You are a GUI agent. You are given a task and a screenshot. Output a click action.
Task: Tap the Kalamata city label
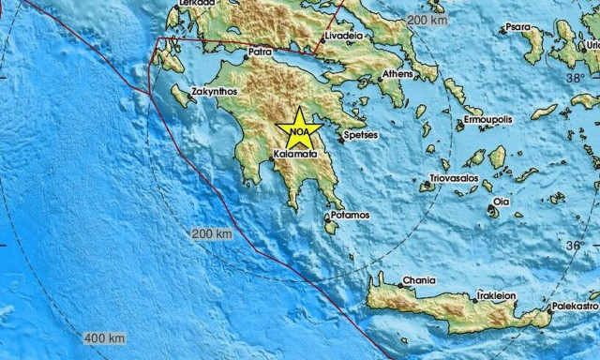click(x=296, y=152)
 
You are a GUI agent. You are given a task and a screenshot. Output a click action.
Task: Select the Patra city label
click(x=261, y=52)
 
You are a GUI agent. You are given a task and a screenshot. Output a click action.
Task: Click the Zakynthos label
click(x=215, y=92)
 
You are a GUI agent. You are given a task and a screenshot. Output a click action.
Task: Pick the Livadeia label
click(x=344, y=37)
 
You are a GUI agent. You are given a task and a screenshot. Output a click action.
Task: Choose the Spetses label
click(x=361, y=135)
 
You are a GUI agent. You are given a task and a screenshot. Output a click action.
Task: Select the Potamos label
click(x=351, y=215)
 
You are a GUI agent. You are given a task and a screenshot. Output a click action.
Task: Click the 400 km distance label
click(x=105, y=337)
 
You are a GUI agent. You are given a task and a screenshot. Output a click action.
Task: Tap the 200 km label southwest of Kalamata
click(x=210, y=232)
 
